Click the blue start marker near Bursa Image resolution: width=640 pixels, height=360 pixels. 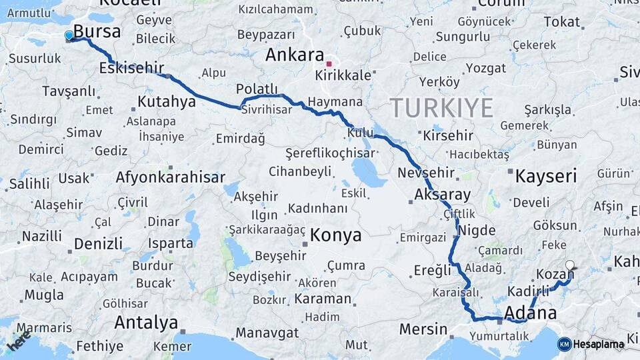(x=69, y=35)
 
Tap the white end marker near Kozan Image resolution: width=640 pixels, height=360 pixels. (x=569, y=265)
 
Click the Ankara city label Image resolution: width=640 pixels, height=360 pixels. (x=294, y=55)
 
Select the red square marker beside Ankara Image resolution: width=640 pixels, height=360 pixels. (x=329, y=64)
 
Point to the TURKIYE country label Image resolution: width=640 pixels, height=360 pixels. (x=441, y=108)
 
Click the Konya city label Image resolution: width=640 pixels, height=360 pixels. (x=336, y=235)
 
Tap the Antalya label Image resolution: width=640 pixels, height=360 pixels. (x=146, y=323)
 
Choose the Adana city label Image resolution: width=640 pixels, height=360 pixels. (x=531, y=312)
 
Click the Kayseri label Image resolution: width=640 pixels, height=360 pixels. (x=546, y=176)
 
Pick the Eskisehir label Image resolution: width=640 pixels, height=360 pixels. (x=131, y=68)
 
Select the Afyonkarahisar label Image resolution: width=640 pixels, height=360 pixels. (x=170, y=177)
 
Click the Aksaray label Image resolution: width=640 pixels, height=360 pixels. (x=442, y=195)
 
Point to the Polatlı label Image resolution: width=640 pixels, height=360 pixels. (x=257, y=89)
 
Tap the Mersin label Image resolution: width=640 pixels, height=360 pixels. (x=423, y=329)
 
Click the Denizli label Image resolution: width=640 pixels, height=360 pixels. (x=99, y=243)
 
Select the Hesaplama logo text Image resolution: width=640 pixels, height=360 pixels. (x=599, y=344)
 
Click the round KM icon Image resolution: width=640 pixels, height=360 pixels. (x=564, y=344)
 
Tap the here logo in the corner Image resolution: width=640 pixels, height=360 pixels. (x=18, y=341)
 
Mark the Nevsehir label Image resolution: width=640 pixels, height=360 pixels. (x=425, y=173)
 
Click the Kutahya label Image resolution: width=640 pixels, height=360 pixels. (x=167, y=102)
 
